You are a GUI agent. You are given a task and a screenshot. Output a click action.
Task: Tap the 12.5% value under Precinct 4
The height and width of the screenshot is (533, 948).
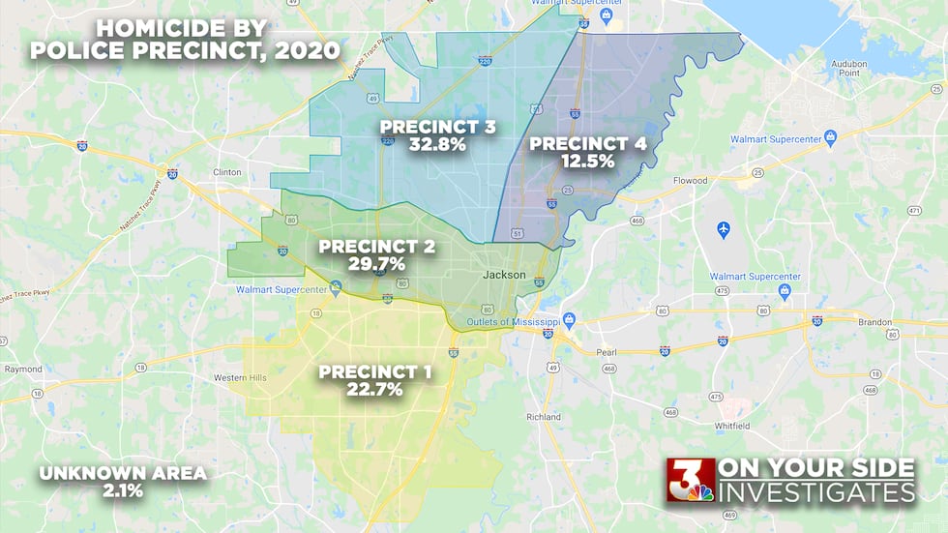pos(587,162)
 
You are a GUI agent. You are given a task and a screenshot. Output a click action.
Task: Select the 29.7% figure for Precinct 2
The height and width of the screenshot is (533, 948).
pos(376,263)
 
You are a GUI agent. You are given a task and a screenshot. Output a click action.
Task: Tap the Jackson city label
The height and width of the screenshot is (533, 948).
pos(504,275)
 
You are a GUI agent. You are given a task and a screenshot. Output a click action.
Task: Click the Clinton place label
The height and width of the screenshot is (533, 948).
pos(226,173)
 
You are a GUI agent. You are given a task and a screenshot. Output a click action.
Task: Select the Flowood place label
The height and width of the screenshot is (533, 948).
pos(691,180)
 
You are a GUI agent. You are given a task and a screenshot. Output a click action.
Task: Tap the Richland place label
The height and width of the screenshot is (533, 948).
pos(544,417)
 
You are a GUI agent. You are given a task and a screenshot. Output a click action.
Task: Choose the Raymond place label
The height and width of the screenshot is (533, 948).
pos(23,370)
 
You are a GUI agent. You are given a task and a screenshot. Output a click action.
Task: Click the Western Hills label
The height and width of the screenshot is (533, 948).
pos(240,376)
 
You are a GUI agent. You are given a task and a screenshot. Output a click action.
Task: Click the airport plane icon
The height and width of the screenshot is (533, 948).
pos(724,229)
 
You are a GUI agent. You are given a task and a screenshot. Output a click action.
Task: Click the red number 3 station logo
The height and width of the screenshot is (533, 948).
pos(689,480)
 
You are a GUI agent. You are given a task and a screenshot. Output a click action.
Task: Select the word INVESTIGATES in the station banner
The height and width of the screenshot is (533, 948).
pos(818,492)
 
